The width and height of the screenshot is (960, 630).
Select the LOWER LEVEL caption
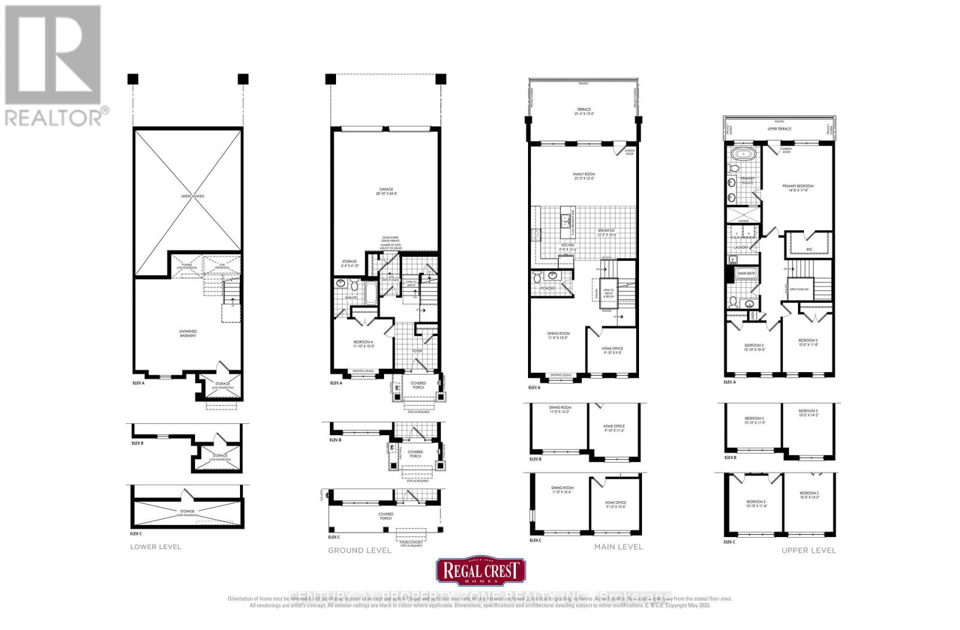(155, 547)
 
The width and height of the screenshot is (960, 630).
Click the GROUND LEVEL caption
(359, 550)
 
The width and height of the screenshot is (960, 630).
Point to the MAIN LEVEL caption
(618, 547)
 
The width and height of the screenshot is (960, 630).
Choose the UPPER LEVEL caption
(808, 550)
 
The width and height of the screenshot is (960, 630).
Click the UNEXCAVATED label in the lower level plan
(193, 196)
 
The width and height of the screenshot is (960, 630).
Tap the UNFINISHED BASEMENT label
(187, 333)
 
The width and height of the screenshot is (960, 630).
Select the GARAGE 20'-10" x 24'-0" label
(386, 191)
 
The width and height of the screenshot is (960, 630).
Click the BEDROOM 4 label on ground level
(364, 343)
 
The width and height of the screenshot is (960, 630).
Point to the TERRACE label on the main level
(582, 112)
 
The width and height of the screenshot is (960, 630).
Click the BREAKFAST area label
(606, 233)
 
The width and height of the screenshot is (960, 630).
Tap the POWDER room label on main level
(547, 288)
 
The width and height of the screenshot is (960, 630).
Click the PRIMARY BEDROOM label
(798, 188)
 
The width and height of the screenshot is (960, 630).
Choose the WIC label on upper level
(809, 248)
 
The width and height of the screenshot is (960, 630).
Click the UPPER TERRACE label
(779, 129)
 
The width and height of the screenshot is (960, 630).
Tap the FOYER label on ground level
(417, 351)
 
